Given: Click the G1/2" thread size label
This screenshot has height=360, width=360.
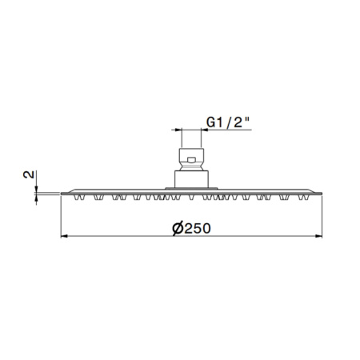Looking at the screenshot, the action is tap(228, 122).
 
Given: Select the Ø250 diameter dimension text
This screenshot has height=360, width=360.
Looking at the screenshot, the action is tap(191, 229).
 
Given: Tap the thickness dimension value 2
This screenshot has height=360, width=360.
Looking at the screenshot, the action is tap(29, 174).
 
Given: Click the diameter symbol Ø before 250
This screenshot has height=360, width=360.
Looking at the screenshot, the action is tap(178, 229).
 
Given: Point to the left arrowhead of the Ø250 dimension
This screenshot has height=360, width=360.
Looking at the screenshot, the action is tap(64, 236).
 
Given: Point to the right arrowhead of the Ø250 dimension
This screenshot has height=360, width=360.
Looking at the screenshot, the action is tap(319, 236).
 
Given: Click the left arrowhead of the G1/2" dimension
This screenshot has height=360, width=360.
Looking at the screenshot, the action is tap(178, 130).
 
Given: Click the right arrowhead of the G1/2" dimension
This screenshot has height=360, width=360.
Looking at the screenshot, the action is tap(205, 130).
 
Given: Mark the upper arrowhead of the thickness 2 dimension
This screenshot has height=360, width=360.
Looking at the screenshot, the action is tap(36, 189).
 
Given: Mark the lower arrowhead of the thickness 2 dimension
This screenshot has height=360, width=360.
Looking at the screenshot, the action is tap(36, 198).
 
